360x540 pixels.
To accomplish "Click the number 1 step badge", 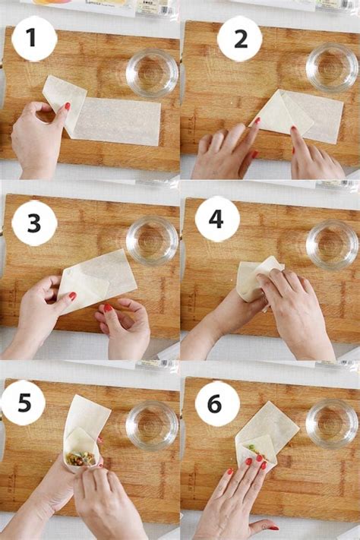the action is point(33,38).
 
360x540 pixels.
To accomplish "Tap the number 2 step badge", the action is point(240,39).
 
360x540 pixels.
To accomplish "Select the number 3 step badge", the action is point(33,223).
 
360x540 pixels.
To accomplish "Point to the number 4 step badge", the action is point(217,219).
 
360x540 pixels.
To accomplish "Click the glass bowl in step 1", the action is point(152,74).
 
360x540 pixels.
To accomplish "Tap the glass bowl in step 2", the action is point(332,68).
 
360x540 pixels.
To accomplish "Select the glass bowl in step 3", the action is point(152,241).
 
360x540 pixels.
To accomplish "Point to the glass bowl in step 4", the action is point(332,245).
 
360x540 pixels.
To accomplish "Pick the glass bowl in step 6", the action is point(332,423).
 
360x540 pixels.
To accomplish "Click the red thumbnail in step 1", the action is point(68,106).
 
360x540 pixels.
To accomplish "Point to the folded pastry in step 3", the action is point(97,281).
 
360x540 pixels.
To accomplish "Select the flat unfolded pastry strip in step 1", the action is point(116,122).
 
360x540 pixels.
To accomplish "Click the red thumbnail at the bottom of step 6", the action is point(273,528).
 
